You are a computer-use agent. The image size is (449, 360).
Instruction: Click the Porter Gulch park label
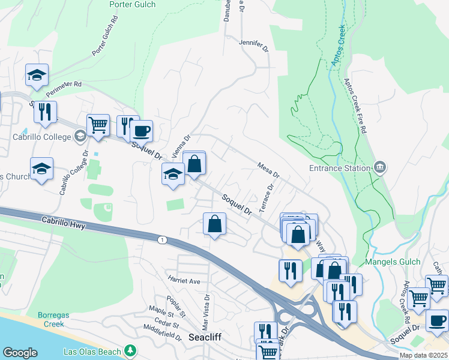(132, 5)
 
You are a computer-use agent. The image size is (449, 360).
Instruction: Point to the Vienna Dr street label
(180, 147)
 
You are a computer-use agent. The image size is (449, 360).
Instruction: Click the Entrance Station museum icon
(379, 167)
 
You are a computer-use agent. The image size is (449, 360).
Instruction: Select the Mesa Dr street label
(268, 169)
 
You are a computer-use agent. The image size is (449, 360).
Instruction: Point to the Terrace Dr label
(266, 197)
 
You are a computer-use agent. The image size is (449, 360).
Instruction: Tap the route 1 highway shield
(161, 240)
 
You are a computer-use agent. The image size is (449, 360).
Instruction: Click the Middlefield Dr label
(163, 333)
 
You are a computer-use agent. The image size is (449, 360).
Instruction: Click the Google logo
(20, 352)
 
